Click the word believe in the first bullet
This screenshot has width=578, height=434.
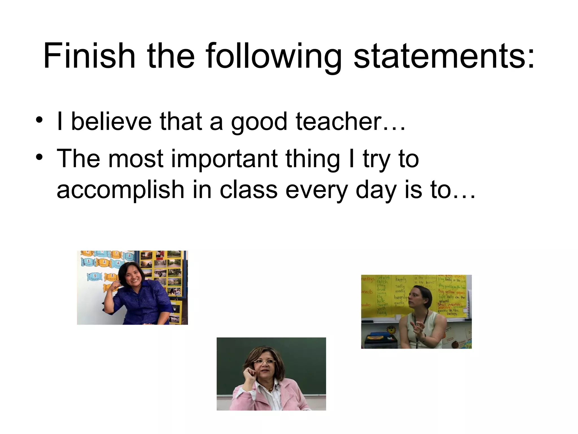point(111,121)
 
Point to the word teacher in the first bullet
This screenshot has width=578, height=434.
point(339,121)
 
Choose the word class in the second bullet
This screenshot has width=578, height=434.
point(249,190)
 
